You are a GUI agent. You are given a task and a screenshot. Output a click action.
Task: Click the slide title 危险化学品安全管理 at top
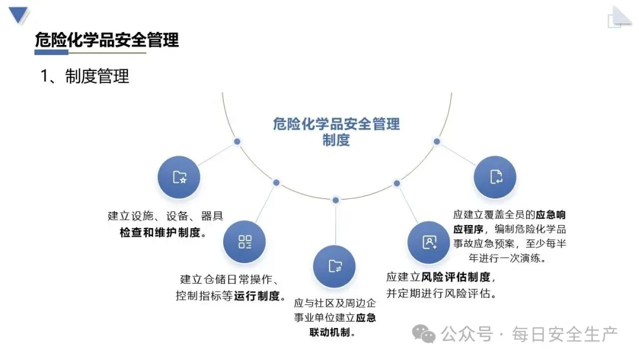click(106, 40)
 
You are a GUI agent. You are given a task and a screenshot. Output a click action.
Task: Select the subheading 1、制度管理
click(85, 76)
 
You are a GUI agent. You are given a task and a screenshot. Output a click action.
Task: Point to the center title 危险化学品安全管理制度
click(336, 131)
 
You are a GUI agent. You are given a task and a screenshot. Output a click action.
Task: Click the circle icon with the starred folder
click(179, 177)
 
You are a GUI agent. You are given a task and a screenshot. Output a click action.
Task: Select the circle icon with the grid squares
click(244, 242)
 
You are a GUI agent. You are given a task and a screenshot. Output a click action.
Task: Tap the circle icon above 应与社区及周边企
click(334, 266)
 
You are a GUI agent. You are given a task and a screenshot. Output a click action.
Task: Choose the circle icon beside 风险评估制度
click(429, 242)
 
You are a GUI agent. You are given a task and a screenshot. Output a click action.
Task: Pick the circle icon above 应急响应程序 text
click(495, 177)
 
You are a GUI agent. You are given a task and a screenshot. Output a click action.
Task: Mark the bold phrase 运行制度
click(257, 296)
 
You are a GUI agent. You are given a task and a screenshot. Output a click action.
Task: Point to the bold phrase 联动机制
click(331, 332)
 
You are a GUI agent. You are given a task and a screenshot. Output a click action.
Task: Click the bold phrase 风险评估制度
click(455, 277)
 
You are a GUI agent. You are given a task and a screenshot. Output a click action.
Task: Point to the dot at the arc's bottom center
click(335, 200)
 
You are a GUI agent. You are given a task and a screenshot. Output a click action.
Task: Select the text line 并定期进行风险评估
click(441, 293)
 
